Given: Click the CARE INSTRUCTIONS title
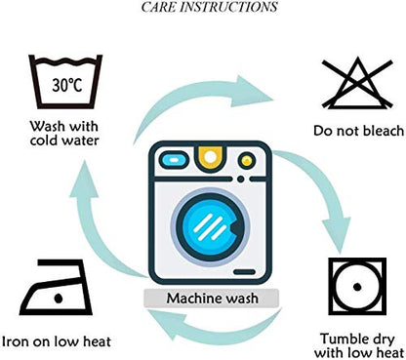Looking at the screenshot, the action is coord(209,7).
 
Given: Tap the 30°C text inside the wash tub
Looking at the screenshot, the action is coord(67,85).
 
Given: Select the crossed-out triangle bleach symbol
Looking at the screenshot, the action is coord(357,83).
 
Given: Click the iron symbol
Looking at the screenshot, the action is coord(56,287).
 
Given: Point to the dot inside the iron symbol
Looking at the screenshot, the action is coord(59,299).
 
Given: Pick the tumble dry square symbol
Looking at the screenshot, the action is coord(357,286).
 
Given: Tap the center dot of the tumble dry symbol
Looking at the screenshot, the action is coord(357,287).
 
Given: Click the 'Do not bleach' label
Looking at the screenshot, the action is coord(358,131).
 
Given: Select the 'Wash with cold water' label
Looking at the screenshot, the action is coord(64,134).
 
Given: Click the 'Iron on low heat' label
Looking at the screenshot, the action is coord(57,341).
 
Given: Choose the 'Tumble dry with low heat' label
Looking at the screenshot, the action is coord(358,345).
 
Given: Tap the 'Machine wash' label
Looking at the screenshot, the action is coord(213,299).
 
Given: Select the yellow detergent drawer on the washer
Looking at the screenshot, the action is coord(211,157).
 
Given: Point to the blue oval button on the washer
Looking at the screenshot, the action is coord(174,160).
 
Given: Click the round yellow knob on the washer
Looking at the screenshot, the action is coord(247,160).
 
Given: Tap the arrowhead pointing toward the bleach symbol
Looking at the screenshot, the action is coord(253,92).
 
